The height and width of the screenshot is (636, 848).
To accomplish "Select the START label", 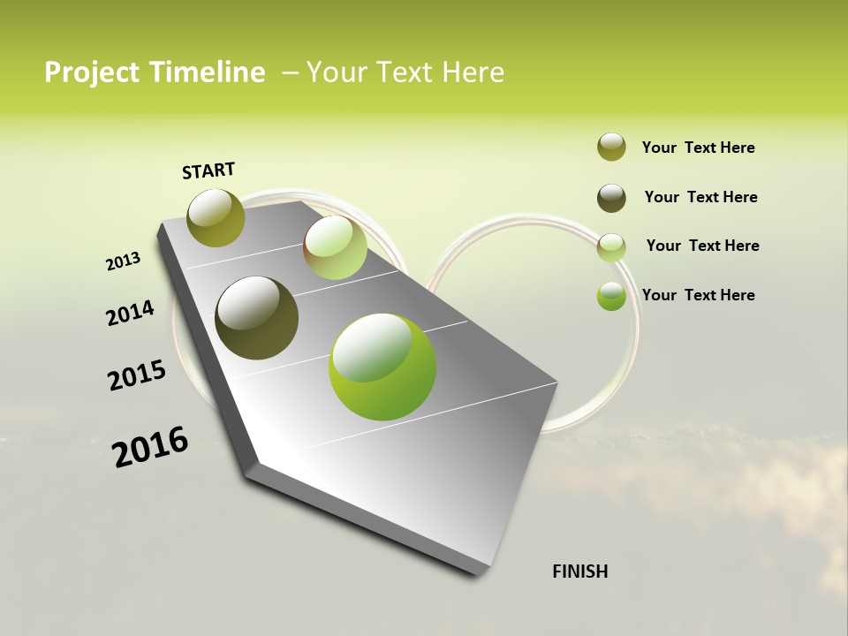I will point(208,170).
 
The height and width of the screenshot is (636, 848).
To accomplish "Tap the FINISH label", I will point(579,572).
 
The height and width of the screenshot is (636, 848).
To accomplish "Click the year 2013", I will point(123,261).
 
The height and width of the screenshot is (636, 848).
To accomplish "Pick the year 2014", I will point(130,313).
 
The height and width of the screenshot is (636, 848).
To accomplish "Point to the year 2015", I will point(137,375).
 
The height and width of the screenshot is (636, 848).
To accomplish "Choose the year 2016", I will point(150,446).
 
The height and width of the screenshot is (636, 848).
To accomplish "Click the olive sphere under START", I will point(216,217).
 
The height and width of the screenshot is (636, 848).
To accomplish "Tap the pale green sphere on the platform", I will point(336,247).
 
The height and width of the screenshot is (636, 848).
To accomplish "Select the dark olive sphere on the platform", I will point(257,318).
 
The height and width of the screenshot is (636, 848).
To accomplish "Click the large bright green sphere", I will point(382,367).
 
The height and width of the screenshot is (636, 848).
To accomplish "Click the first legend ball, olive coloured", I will point(611,147).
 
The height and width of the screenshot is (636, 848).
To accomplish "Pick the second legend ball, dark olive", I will point(611,198).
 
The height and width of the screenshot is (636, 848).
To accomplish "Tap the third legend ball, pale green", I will point(611,247).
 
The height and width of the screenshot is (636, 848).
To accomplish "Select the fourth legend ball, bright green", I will point(611,296).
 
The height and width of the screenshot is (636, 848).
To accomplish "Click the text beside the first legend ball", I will point(698,148).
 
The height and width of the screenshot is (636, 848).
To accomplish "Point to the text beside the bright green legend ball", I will point(698,295).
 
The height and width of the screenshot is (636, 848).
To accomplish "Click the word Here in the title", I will point(473,72).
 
